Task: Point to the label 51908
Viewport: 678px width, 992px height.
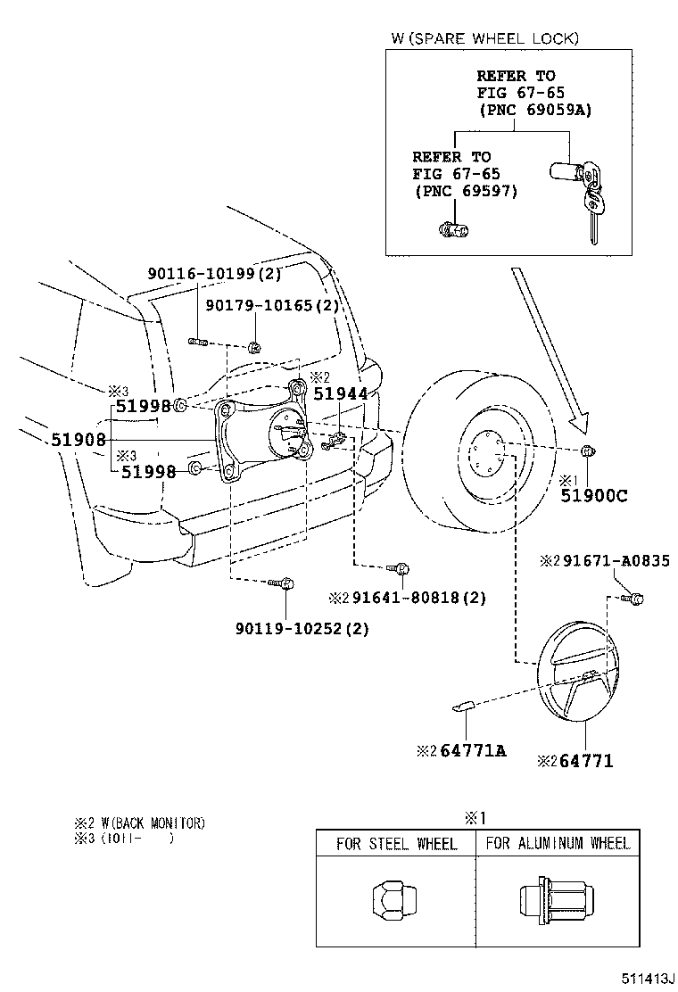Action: click(78, 439)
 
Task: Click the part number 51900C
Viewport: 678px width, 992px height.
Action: click(593, 496)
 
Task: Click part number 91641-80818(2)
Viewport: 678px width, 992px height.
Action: click(417, 598)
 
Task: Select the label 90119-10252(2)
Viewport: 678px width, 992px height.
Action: click(302, 628)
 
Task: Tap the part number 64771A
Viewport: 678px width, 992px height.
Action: click(472, 750)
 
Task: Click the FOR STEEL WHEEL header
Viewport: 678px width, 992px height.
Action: click(396, 843)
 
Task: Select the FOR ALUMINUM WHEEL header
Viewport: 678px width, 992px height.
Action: click(558, 843)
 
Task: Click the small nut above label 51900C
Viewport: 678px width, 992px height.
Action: click(587, 449)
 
